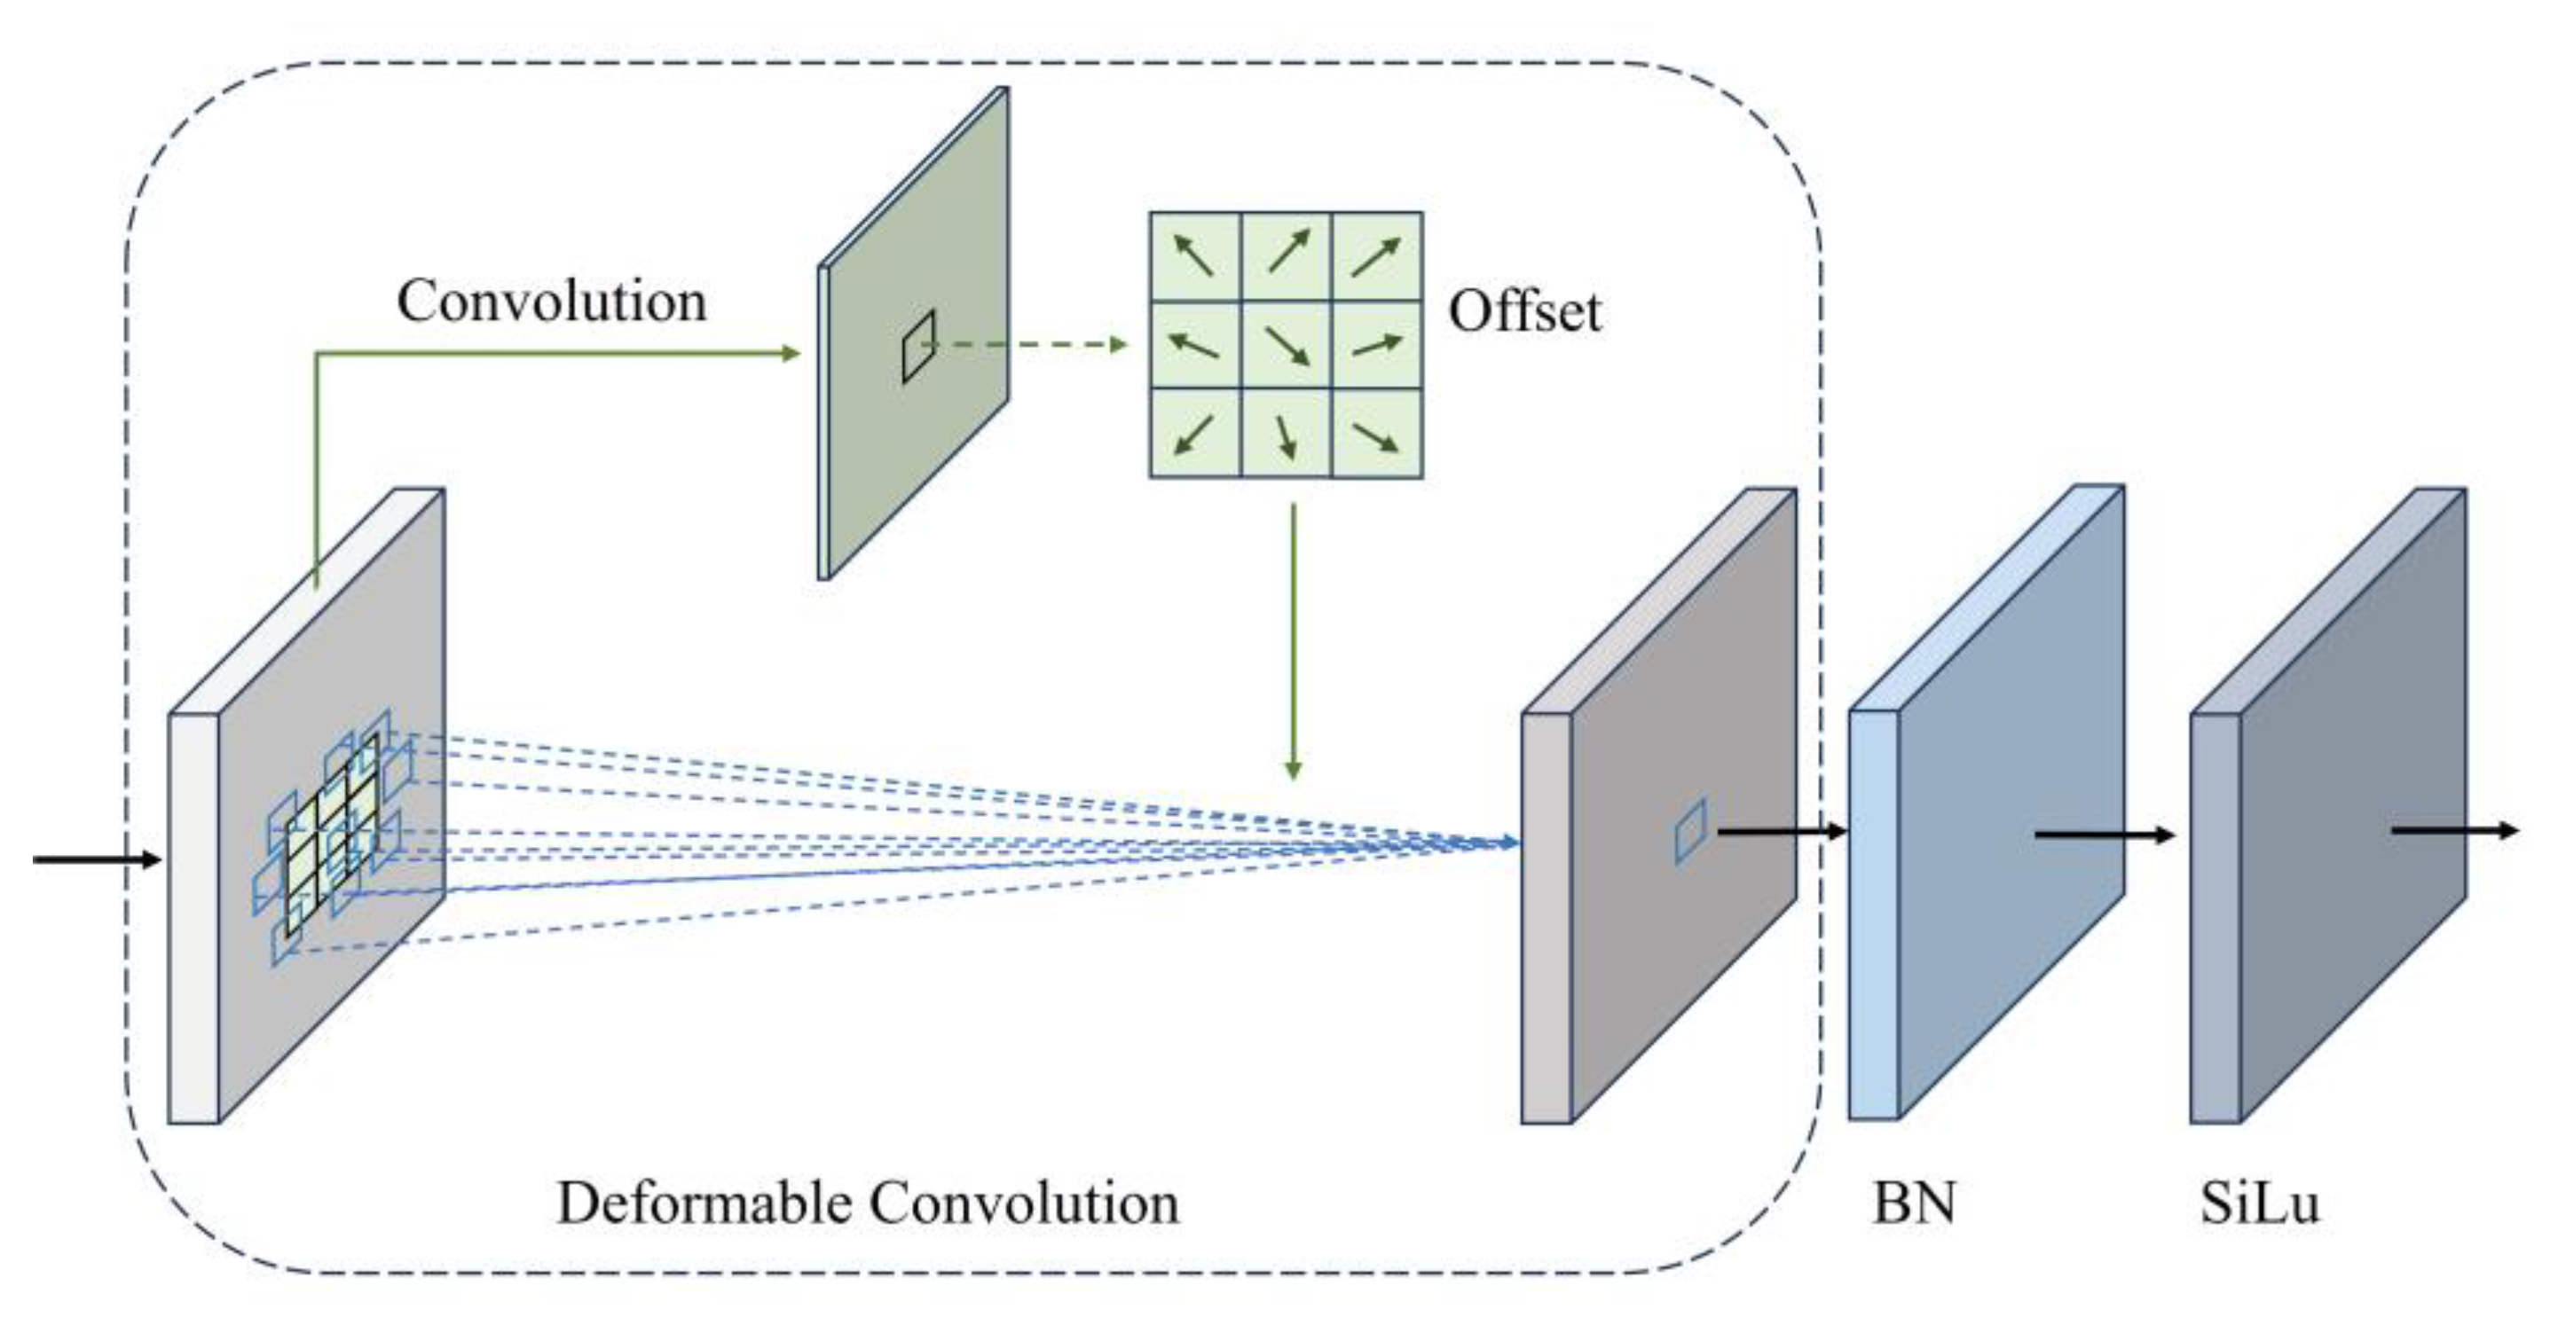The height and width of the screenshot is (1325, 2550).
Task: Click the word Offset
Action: point(1524,313)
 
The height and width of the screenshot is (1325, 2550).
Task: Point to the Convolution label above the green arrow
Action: point(551,301)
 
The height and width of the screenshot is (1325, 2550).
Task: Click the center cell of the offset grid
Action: point(1286,345)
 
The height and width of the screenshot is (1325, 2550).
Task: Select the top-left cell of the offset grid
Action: point(1195,255)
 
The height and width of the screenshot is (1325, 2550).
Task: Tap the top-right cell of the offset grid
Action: point(1377,255)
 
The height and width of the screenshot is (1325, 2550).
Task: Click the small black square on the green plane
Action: point(917,347)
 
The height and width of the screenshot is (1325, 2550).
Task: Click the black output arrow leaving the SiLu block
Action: point(2455,830)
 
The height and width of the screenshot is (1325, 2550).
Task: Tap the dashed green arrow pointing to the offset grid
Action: point(1029,345)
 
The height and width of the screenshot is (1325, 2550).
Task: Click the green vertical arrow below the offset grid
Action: point(1291,643)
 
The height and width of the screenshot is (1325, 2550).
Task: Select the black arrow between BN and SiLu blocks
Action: point(2104,836)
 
